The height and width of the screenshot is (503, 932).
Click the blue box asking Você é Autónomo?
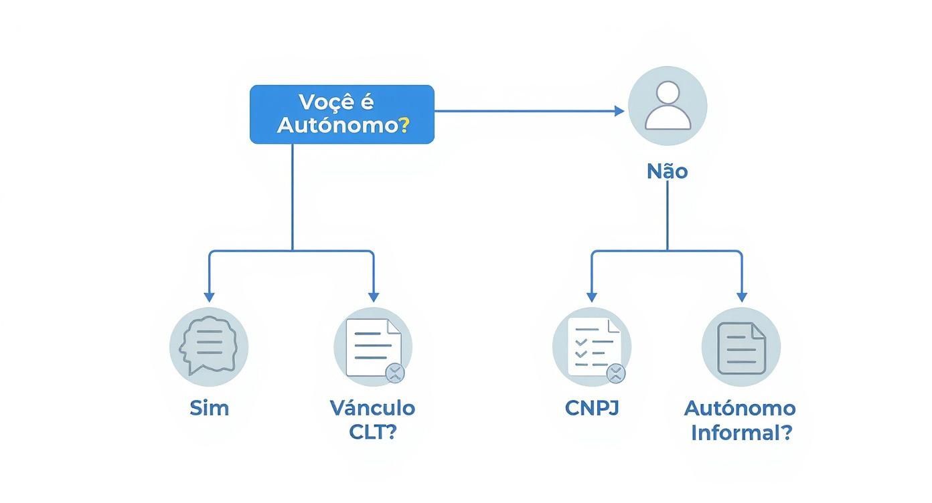point(341,114)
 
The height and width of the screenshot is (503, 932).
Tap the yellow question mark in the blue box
point(403,125)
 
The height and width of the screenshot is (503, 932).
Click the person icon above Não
point(667,106)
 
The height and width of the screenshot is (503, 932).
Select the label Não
point(667,171)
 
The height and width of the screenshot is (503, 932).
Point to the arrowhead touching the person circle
point(619,111)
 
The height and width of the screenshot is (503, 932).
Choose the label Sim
point(209,408)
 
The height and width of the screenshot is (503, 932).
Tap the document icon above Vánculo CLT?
point(372,346)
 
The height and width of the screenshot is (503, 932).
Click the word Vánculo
point(372,408)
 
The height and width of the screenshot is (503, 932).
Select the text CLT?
point(372,432)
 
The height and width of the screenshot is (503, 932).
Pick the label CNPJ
point(592,408)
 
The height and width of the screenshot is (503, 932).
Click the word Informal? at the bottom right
point(741,433)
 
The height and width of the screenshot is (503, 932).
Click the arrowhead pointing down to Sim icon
point(209,297)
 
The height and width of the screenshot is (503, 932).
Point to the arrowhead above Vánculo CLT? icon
point(373,297)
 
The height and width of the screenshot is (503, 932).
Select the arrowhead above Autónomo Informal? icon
point(741,297)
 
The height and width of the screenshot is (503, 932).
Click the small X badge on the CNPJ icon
point(615,373)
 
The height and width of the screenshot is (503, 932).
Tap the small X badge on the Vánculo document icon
point(395,373)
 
